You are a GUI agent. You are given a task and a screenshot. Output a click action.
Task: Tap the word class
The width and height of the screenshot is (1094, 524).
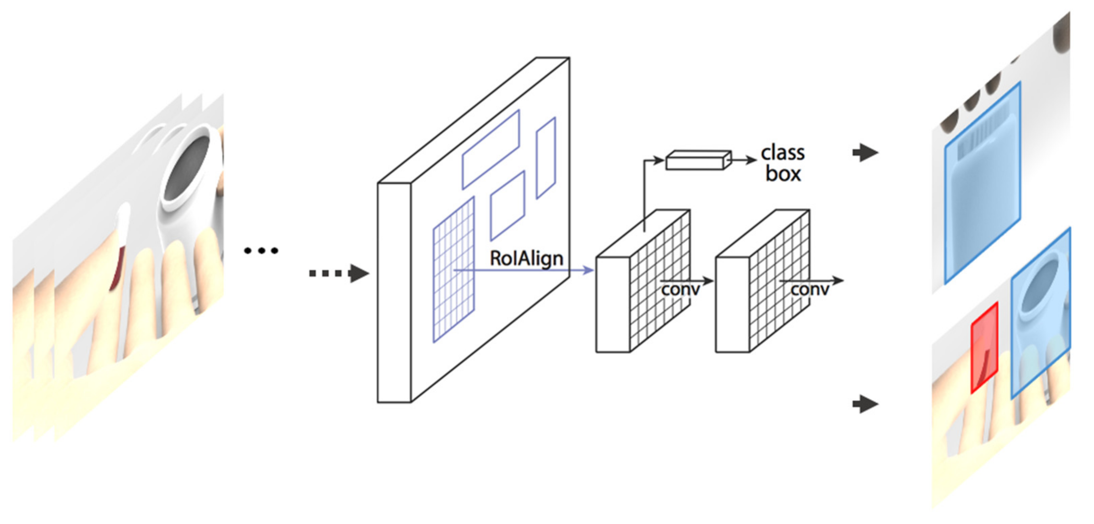point(782,153)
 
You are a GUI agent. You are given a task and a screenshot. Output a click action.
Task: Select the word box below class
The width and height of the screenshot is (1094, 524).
point(783,174)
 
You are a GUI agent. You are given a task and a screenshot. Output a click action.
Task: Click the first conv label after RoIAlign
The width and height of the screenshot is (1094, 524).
point(680,289)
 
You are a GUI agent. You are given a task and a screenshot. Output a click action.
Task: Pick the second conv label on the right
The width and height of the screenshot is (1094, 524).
point(809,289)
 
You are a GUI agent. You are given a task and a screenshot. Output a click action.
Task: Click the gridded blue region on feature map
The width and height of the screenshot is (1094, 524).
point(453,270)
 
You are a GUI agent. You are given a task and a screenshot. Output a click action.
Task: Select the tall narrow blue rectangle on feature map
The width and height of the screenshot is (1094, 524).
point(546,158)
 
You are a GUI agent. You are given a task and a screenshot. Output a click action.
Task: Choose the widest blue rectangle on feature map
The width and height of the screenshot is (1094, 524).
point(491,149)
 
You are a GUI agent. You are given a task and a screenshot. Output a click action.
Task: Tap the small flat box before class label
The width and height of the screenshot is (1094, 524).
point(698,160)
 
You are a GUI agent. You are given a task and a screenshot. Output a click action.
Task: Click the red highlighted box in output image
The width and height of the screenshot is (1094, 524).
point(984,347)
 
